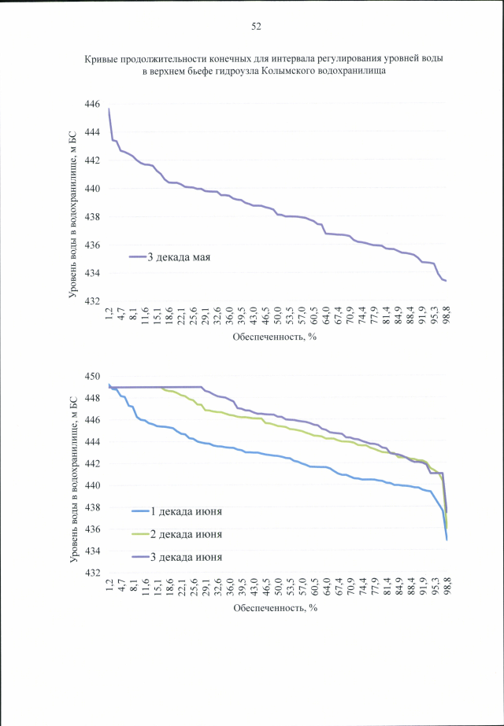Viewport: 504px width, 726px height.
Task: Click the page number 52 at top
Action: click(256, 26)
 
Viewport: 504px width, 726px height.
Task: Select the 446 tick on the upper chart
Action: click(92, 104)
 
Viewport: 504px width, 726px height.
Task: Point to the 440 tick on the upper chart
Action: click(92, 189)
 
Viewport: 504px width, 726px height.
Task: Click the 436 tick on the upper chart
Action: click(92, 245)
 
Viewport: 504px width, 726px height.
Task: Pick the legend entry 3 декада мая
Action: click(177, 256)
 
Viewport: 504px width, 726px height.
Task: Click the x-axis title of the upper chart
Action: click(274, 337)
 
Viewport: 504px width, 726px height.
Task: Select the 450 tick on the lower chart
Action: click(92, 376)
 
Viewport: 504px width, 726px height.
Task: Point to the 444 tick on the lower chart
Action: click(92, 442)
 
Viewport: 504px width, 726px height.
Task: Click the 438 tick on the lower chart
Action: click(92, 507)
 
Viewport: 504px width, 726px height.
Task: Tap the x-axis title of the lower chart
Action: click(274, 608)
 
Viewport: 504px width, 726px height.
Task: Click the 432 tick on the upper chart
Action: click(92, 302)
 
